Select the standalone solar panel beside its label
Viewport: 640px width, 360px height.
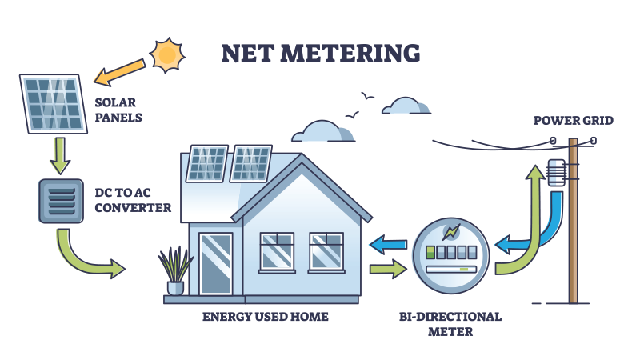point(52,104)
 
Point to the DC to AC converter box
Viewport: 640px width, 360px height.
point(60,200)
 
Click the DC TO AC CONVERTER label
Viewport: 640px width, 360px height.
point(133,200)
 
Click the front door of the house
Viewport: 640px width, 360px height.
point(215,263)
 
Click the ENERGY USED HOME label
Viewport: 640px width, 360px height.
point(265,317)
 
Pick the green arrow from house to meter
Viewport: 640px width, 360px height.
point(388,270)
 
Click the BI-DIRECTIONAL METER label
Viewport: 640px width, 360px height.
point(450,323)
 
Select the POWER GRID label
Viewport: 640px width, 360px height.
point(573,121)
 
